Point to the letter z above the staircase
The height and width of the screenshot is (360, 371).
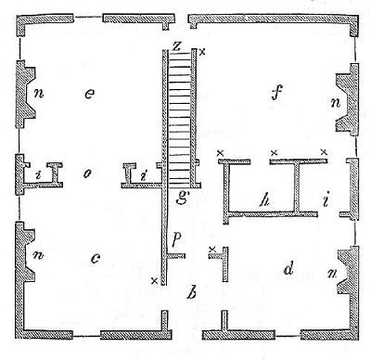pos(176,45)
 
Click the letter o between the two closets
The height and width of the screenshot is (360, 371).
pos(85,173)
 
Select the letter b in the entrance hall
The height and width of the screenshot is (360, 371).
pos(191,295)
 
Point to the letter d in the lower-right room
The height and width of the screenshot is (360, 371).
pos(289,270)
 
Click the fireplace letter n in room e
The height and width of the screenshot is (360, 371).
pos(38,93)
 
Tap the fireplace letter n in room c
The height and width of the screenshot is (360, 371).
pos(38,254)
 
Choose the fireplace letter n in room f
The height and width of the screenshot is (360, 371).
pos(334,101)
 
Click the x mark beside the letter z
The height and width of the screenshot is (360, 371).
pos(202,51)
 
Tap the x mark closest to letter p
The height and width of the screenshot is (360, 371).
pos(213,249)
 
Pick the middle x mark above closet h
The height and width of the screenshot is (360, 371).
pos(274,151)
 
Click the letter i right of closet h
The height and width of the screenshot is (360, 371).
pos(325,199)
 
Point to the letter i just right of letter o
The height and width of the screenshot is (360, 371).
pos(142,174)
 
